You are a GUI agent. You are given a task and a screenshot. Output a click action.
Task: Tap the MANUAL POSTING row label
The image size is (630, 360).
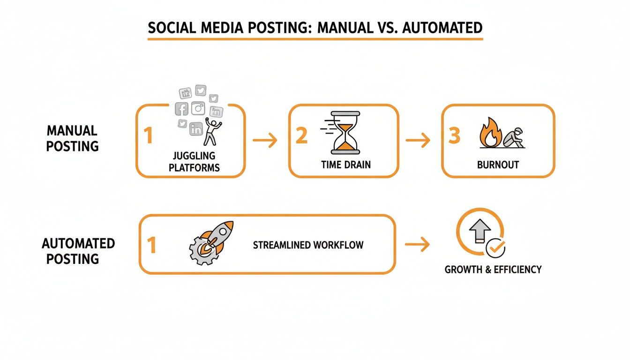(72, 138)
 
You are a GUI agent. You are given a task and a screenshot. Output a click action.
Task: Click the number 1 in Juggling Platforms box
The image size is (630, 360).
(148, 136)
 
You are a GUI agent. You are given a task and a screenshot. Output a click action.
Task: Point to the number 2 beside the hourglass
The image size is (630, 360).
(301, 135)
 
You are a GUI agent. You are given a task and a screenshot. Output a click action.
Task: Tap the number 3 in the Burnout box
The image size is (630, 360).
(454, 135)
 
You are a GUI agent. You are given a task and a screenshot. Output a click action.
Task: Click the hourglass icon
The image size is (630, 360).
(345, 133)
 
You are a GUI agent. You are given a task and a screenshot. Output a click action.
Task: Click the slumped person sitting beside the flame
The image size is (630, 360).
(515, 137)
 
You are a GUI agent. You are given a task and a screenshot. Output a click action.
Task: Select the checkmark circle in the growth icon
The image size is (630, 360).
(495, 248)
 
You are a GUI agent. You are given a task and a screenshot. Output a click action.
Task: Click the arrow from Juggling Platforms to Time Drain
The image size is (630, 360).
(265, 140)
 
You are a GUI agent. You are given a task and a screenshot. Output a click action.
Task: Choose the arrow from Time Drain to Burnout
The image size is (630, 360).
(418, 140)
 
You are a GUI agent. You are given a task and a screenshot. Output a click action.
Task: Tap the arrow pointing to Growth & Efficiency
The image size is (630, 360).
(418, 244)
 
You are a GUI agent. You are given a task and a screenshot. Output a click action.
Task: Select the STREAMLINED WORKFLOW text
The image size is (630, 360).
(308, 245)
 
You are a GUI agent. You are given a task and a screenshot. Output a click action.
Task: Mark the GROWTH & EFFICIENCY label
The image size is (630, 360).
(493, 270)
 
